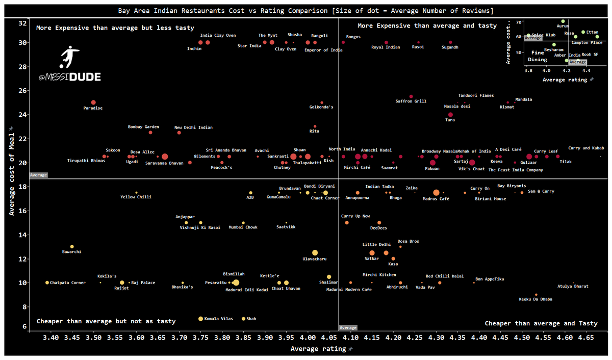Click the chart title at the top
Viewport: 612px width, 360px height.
[306, 10]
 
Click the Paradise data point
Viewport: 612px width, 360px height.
[93, 102]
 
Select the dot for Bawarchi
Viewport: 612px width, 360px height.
[72, 247]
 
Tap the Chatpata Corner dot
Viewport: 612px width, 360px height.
[47, 282]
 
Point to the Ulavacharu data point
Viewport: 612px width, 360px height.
[315, 253]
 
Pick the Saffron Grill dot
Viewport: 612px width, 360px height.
[411, 96]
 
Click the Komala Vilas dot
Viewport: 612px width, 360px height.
[200, 319]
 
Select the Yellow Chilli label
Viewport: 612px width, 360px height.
[136, 197]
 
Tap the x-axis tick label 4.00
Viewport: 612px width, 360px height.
[308, 338]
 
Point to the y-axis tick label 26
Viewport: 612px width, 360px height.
[22, 91]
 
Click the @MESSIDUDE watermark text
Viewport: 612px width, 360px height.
[69, 77]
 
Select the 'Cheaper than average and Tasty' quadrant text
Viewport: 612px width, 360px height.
[541, 323]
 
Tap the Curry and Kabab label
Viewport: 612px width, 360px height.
[586, 148]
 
